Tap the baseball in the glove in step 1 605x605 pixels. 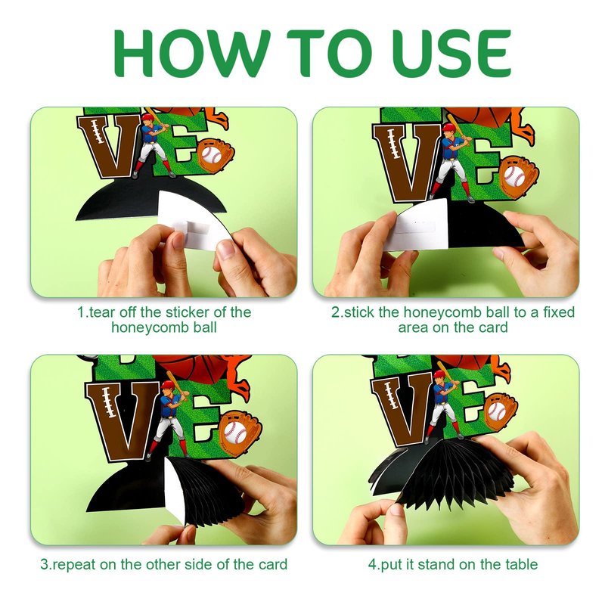[211, 155]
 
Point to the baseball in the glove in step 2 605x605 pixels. [514, 177]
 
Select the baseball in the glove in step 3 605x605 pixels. [235, 432]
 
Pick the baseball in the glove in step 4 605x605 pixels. [497, 411]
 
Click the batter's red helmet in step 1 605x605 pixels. [147, 116]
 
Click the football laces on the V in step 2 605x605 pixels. [393, 144]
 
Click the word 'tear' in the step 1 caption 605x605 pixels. [102, 312]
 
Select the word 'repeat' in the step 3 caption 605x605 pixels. [73, 564]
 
